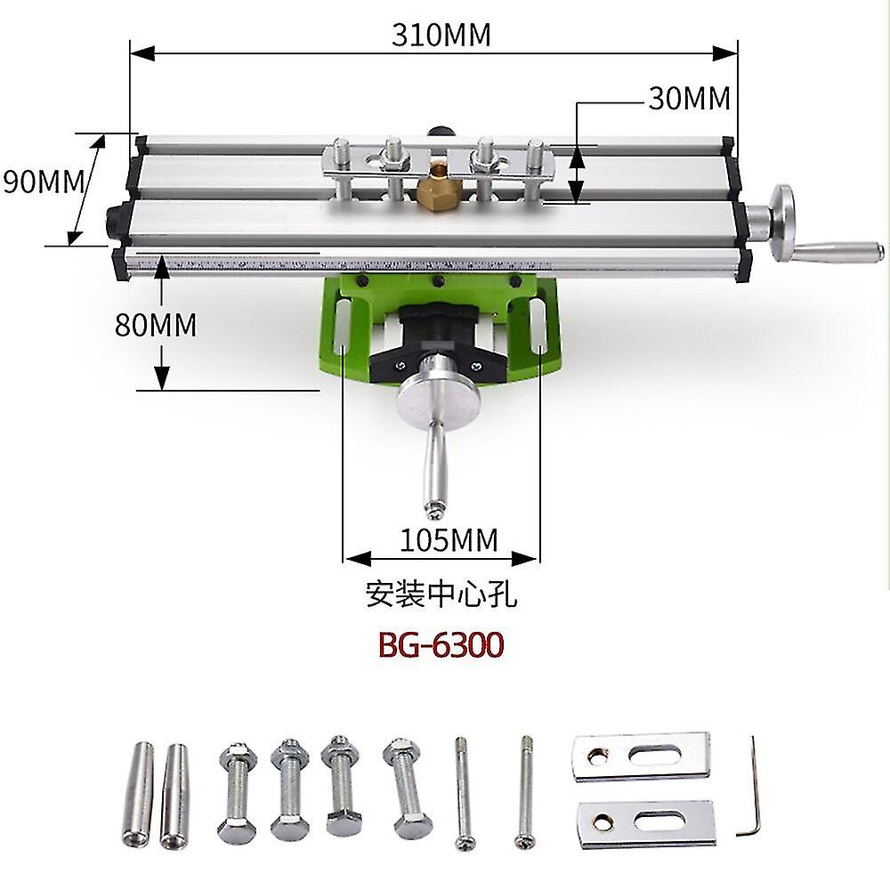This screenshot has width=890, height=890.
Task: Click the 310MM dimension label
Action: click(x=441, y=34)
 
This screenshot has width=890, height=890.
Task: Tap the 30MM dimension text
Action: click(x=689, y=98)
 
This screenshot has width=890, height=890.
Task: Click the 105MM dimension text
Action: click(x=449, y=539)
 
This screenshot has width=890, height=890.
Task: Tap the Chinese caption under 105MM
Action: click(x=441, y=594)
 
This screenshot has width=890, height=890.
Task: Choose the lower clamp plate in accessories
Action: click(x=645, y=822)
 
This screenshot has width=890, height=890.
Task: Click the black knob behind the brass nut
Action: click(x=439, y=131)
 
